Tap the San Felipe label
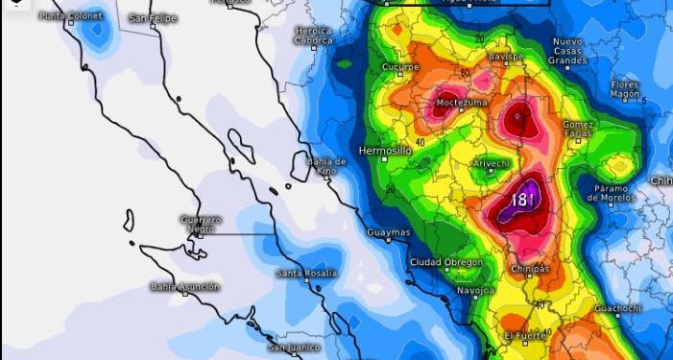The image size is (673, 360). tap(154, 18)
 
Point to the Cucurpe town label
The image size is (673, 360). tap(400, 66)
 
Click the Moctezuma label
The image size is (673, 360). tap(462, 102)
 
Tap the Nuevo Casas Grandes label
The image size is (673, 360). tap(568, 52)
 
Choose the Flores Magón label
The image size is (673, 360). tap(625, 89)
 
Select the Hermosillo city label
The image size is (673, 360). tap(384, 151)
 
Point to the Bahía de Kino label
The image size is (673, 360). tap(326, 166)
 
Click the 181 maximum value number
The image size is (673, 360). tap(523, 200)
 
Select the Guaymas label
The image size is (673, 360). tap(389, 232)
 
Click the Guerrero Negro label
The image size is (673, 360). tap(202, 224)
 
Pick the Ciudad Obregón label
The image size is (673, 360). tap(441, 263)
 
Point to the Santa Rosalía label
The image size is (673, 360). tap(307, 274)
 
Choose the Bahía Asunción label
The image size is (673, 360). tap(185, 286)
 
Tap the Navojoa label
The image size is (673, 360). tap(475, 289)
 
